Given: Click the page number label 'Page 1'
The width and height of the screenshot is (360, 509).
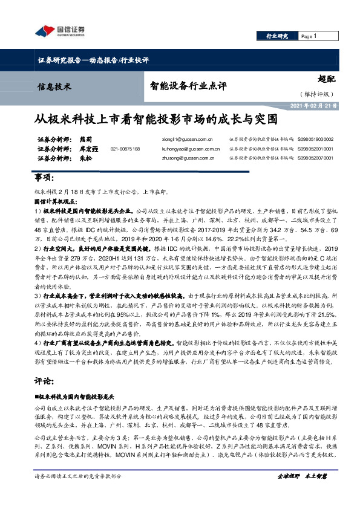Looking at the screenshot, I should click(x=309, y=36).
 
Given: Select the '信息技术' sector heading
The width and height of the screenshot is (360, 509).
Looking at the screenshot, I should click(x=54, y=86).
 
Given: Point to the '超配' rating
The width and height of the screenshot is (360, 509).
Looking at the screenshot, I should click(x=326, y=79).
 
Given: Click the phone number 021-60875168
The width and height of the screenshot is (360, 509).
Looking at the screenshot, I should click(x=125, y=148).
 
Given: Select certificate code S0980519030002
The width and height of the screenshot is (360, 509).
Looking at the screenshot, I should click(x=315, y=138).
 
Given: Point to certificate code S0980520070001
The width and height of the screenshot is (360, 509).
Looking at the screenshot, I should click(x=315, y=158).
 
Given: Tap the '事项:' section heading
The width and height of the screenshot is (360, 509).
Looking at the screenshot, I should click(x=44, y=177).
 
